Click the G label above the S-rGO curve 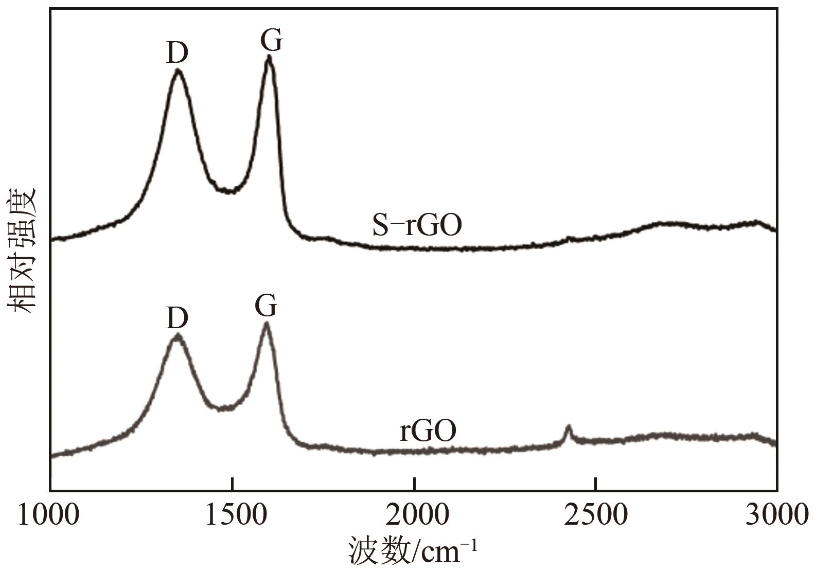[271, 40]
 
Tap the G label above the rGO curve [266, 307]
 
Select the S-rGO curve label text [417, 225]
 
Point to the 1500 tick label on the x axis [233, 515]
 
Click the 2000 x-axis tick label [414, 515]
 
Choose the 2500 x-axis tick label [596, 515]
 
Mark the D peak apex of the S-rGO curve [178, 70]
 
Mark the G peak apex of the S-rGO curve [269, 58]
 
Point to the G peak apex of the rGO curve [266, 324]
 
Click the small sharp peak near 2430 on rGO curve [569, 426]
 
